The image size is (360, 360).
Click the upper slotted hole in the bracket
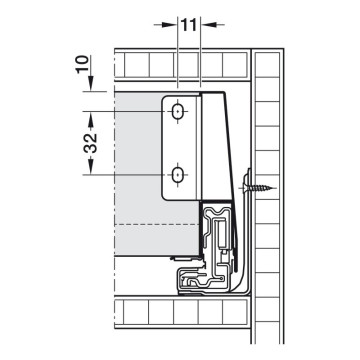pyautogui.click(x=177, y=111)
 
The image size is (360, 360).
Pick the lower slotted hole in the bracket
pyautogui.click(x=177, y=176)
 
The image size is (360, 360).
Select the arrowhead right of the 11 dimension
pyautogui.click(x=206, y=21)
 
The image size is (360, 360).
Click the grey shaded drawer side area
pyautogui.click(x=135, y=170)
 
